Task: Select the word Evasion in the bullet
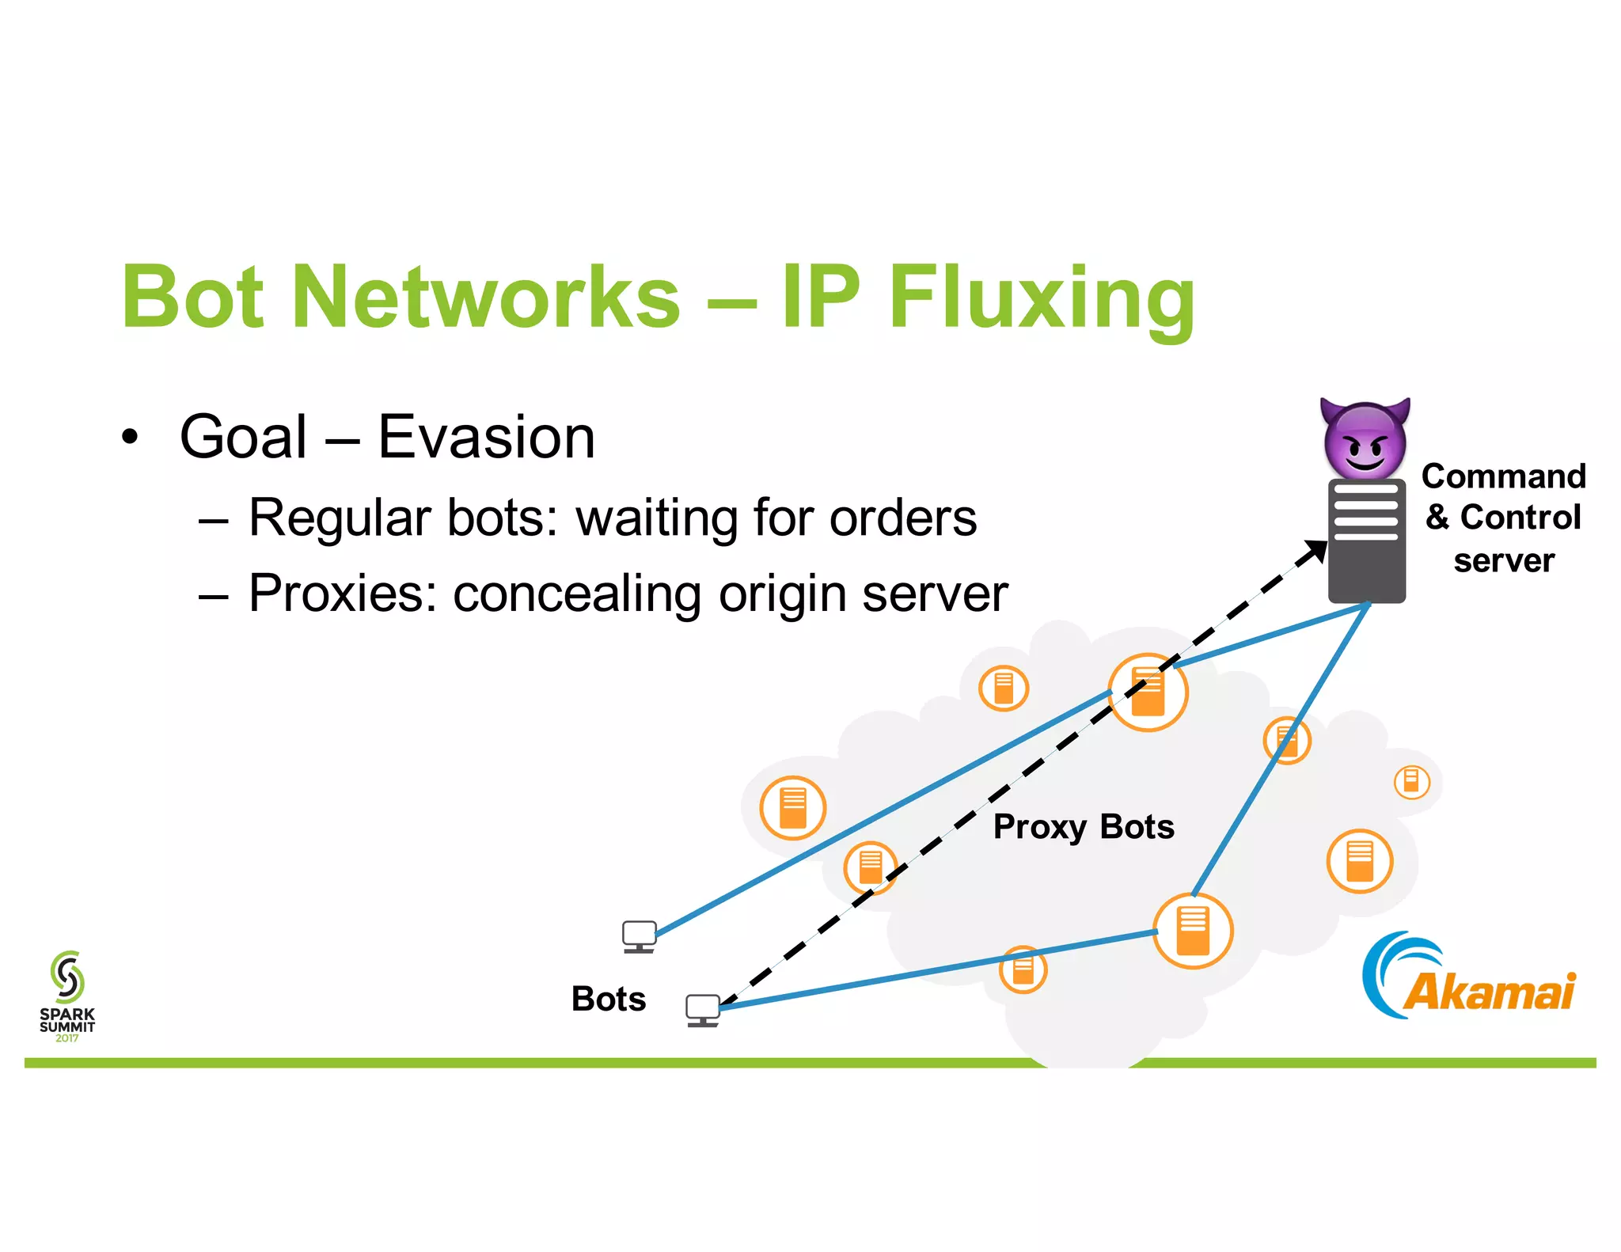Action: point(486,437)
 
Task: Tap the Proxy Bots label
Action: point(1083,827)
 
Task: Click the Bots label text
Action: point(609,999)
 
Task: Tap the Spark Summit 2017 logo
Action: point(67,996)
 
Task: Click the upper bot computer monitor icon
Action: point(639,936)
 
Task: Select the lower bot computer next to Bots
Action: point(703,1010)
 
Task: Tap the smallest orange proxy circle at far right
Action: point(1411,782)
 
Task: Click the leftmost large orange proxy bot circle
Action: point(792,807)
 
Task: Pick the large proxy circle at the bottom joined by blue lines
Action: point(1192,931)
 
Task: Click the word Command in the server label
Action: point(1503,476)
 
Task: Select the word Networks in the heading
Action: point(486,298)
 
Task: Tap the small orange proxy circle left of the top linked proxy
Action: point(1004,688)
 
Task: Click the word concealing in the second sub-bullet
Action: point(577,593)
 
